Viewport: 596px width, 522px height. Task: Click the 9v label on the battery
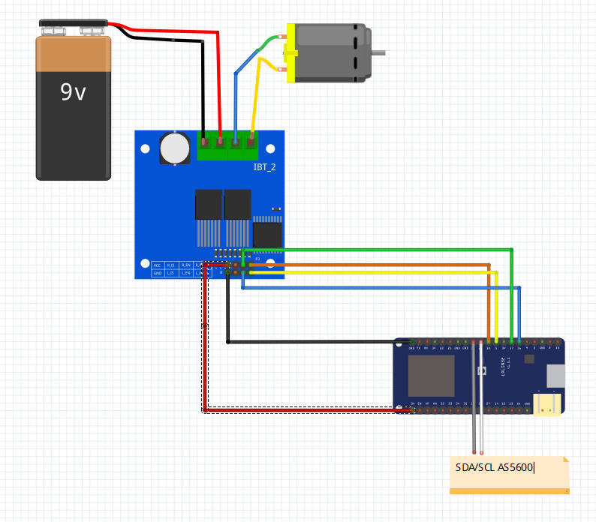point(73,92)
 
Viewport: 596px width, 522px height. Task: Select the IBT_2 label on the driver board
point(264,166)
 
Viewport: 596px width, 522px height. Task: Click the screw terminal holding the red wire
point(220,140)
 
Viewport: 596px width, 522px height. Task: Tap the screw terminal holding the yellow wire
point(251,140)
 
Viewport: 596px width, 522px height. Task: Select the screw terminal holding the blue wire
point(236,140)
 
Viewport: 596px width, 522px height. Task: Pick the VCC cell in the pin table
point(158,265)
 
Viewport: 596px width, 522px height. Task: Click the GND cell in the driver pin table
point(158,274)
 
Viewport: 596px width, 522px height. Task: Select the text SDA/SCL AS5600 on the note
point(494,468)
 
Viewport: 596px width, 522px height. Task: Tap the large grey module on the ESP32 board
point(431,376)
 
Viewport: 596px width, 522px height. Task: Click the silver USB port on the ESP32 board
point(555,376)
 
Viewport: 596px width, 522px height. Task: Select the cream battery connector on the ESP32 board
point(547,403)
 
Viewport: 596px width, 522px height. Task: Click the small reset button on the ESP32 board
point(483,371)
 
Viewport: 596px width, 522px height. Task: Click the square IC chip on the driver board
point(267,234)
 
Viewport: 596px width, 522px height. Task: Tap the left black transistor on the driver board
point(208,204)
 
